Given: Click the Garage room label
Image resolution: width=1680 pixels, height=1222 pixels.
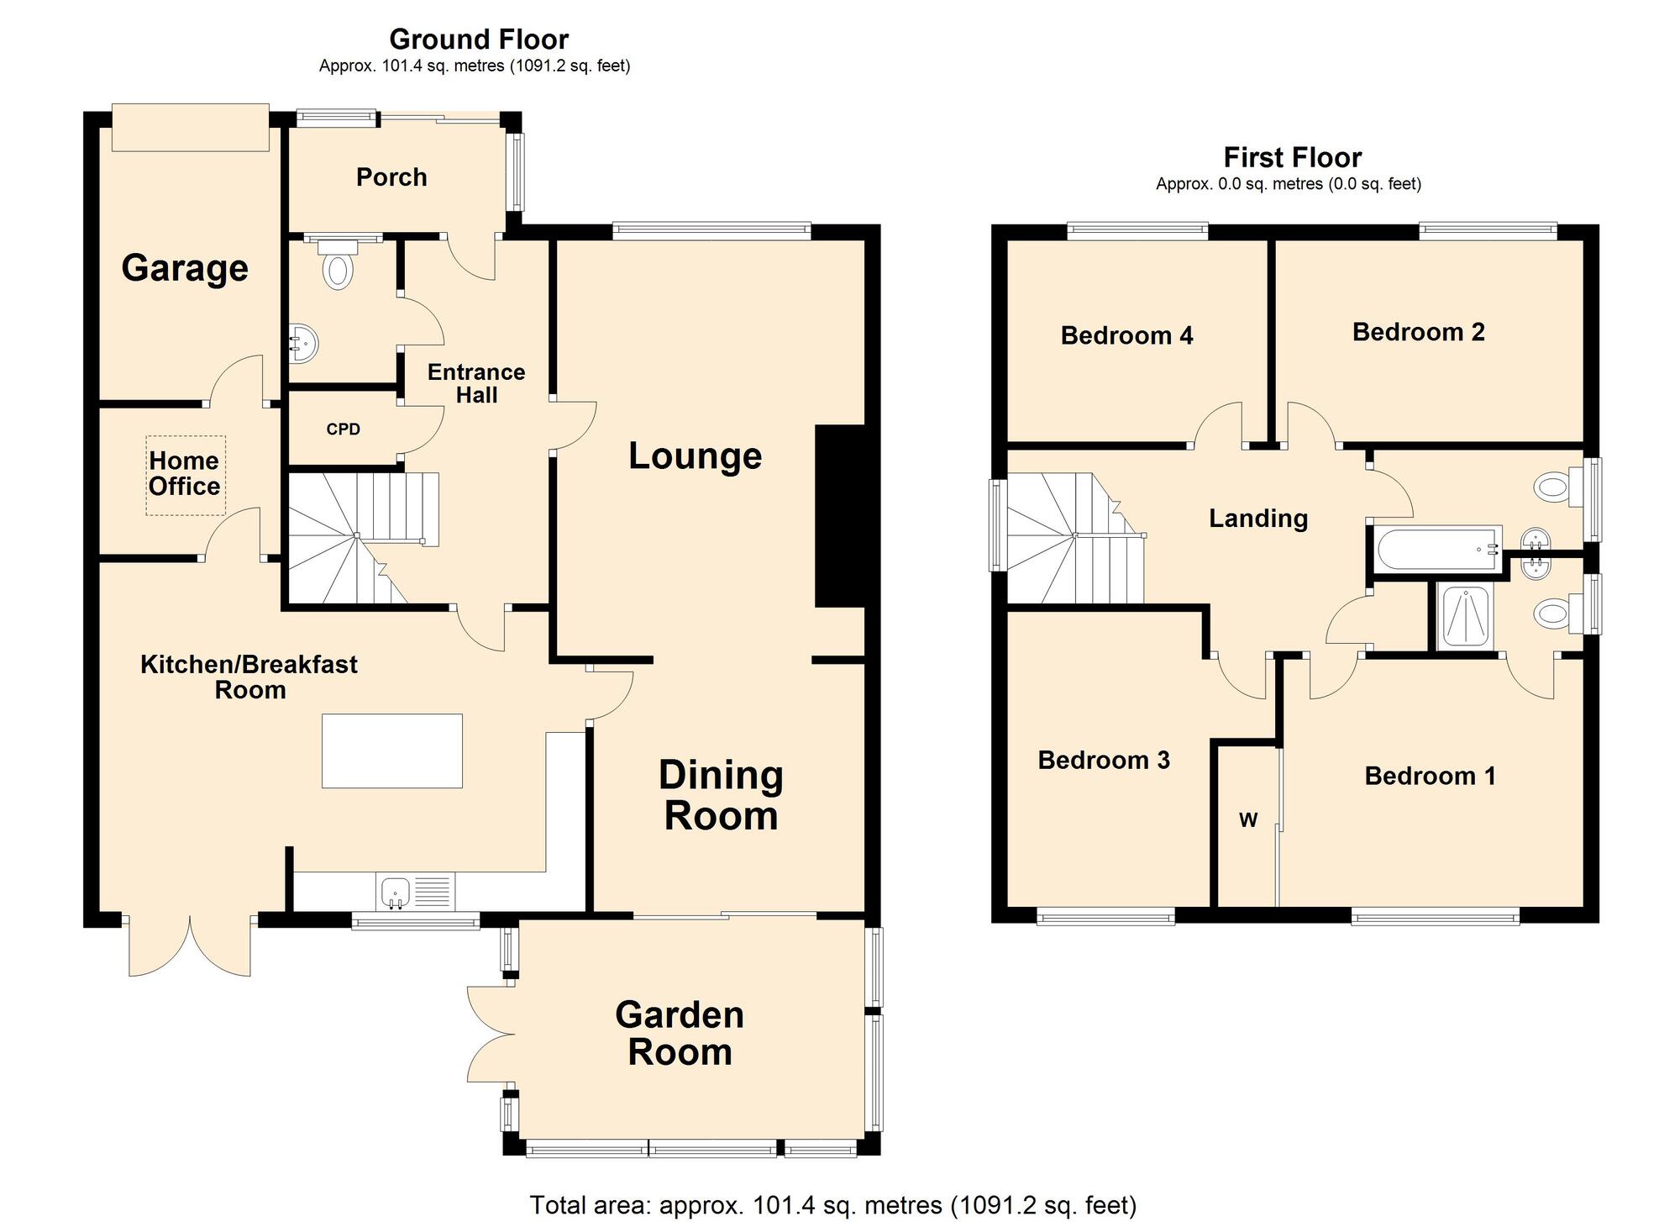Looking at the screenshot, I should [x=185, y=268].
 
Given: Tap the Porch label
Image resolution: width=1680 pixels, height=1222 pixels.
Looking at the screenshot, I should [x=391, y=177].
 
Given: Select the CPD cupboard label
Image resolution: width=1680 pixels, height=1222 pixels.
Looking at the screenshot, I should [x=343, y=429].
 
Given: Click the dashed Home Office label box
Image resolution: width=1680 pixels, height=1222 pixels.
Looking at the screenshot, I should [x=186, y=475].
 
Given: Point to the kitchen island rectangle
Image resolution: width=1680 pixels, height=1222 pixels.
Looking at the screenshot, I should [x=391, y=751].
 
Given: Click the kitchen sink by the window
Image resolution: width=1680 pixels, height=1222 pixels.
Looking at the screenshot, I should [x=395, y=892].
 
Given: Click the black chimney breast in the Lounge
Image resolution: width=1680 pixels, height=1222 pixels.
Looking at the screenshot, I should [x=840, y=515].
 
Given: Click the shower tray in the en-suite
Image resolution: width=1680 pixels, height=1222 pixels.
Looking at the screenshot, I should [x=1464, y=618].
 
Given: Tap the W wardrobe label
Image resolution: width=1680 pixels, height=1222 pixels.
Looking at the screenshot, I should [x=1248, y=820].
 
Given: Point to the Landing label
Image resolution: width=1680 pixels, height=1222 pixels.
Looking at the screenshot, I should [x=1257, y=519].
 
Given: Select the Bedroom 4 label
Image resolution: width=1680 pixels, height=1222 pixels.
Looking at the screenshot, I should [x=1126, y=336].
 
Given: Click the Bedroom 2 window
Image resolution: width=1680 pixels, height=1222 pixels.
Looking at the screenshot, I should [x=1488, y=229].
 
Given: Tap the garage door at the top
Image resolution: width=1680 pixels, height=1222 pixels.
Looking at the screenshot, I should [x=191, y=128].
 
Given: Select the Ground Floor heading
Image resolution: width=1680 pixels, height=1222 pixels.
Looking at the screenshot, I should [x=479, y=40].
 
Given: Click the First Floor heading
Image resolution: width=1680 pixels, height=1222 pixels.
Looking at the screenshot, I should [x=1292, y=158].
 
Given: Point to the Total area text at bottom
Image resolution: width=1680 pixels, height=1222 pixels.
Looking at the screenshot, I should [x=832, y=1205].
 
